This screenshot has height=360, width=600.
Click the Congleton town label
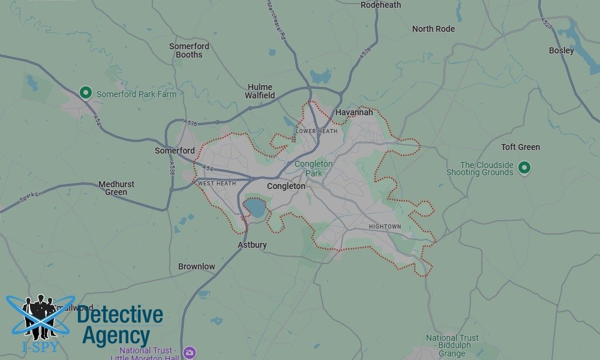pos(286,186)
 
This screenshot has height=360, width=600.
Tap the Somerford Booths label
pos(189,50)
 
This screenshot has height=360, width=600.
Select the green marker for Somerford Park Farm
pos(86,93)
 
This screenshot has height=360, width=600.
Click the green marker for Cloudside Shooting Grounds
pos(524,167)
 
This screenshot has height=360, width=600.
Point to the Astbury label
pos(252,245)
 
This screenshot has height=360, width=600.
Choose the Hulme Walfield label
pos(260,91)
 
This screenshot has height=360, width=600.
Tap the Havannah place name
pos(354,112)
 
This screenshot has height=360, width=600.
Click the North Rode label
pos(433,29)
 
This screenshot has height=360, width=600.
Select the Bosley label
pos(561,50)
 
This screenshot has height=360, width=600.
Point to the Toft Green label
pos(520,147)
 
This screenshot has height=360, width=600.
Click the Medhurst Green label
pos(116,188)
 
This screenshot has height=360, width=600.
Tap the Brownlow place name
pos(196,266)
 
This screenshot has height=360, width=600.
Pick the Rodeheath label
pos(380,5)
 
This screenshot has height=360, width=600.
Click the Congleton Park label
pos(313,169)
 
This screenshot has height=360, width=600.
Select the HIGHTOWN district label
pos(385,227)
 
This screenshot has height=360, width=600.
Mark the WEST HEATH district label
pos(217,183)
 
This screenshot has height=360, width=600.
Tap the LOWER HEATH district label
pos(317,131)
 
